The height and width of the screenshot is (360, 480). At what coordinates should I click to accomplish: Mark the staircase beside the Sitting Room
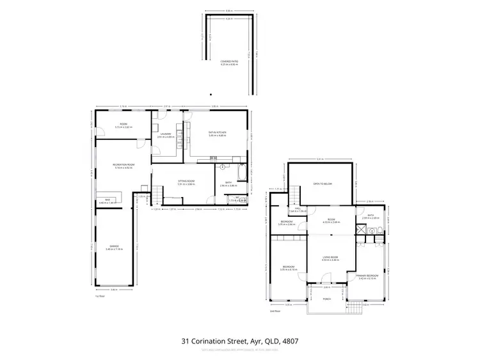tap(156, 191)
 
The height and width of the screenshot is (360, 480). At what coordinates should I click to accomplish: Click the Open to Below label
tap(321, 183)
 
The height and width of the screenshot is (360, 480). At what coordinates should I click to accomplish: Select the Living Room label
tap(330, 258)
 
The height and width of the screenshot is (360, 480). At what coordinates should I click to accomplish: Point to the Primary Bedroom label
tap(368, 277)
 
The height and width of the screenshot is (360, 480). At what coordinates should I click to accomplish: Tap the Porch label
tap(326, 299)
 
